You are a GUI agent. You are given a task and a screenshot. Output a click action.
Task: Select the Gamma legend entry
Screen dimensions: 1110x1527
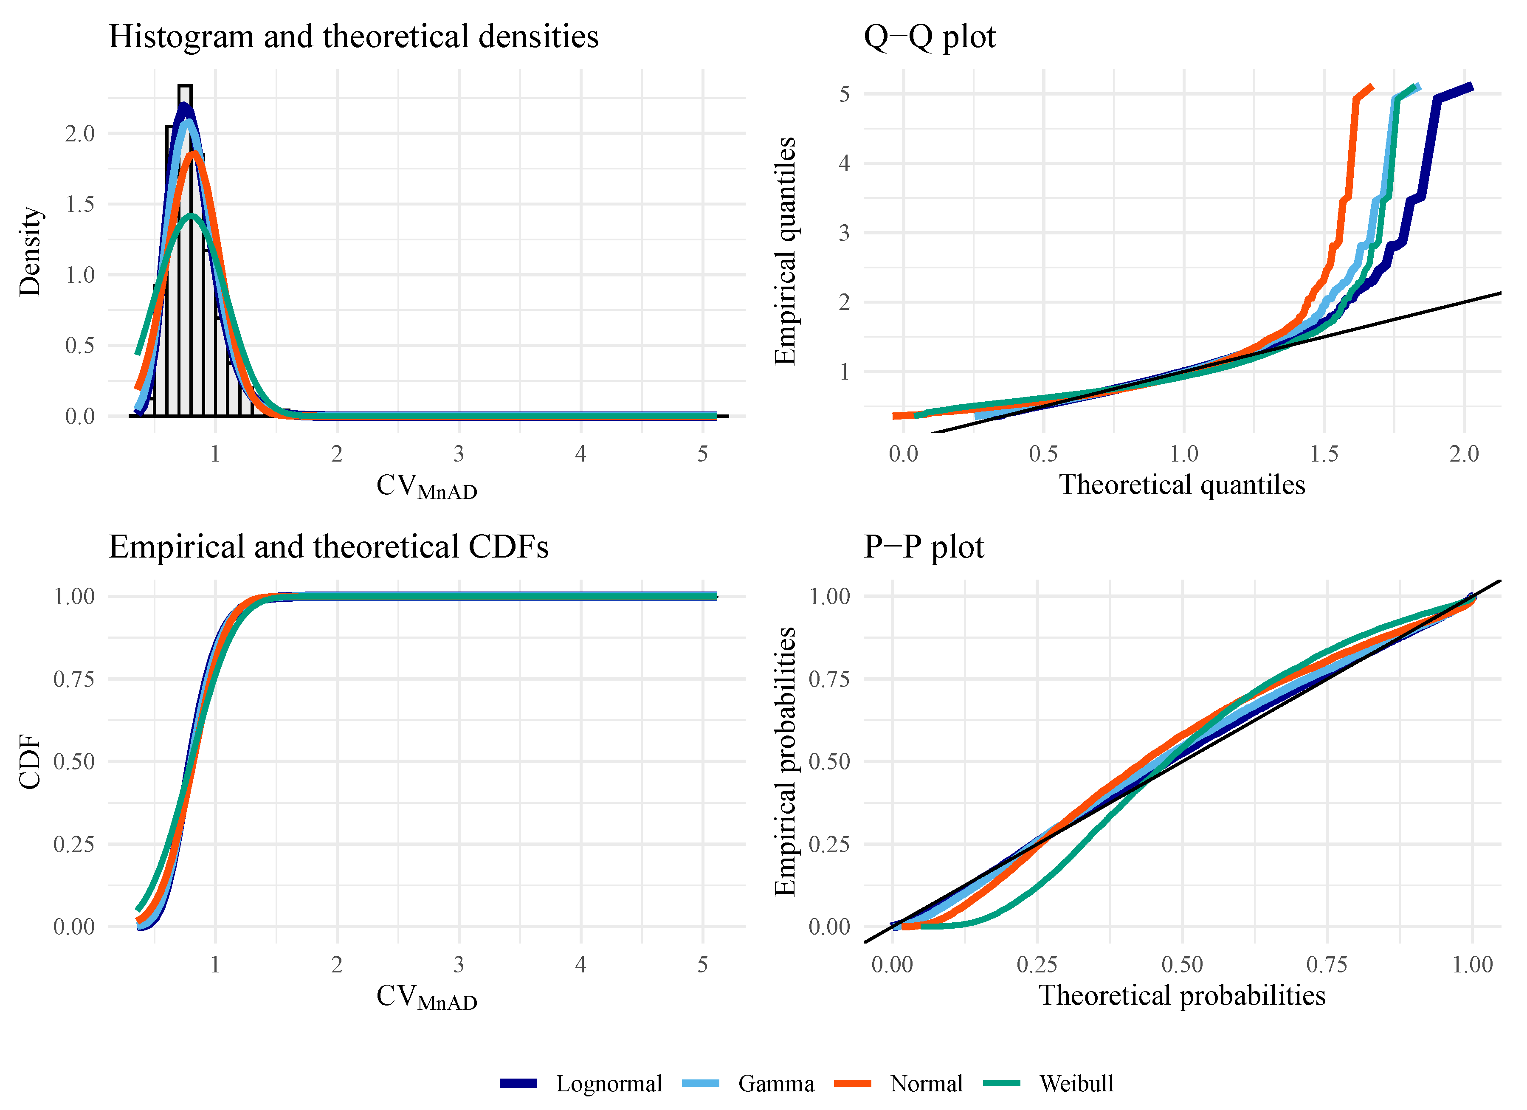tap(776, 1084)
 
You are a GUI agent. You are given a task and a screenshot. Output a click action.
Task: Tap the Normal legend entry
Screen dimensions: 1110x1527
tap(926, 1084)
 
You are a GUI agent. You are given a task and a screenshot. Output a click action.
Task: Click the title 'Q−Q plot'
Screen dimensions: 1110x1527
tap(929, 37)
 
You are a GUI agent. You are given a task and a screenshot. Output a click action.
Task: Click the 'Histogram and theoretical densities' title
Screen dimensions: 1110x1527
tap(353, 37)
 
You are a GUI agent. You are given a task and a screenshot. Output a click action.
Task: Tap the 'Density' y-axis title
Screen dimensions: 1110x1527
tap(30, 251)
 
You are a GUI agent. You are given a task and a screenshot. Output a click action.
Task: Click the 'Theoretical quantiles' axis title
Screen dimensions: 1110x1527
tap(1182, 485)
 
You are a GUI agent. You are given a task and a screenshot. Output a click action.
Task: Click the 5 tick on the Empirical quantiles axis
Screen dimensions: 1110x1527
tap(844, 93)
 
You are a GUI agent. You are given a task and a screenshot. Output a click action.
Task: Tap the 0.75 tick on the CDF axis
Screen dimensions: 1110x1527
tap(74, 679)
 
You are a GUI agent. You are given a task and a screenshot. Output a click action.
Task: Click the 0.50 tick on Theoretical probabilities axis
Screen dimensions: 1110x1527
tap(1182, 965)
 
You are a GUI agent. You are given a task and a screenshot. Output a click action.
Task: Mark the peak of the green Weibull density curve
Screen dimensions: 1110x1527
tap(192, 215)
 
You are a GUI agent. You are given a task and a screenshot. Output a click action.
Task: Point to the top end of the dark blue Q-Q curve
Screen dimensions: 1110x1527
tap(1472, 86)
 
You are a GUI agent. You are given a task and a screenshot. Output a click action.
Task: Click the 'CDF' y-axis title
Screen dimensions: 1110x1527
tap(30, 761)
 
